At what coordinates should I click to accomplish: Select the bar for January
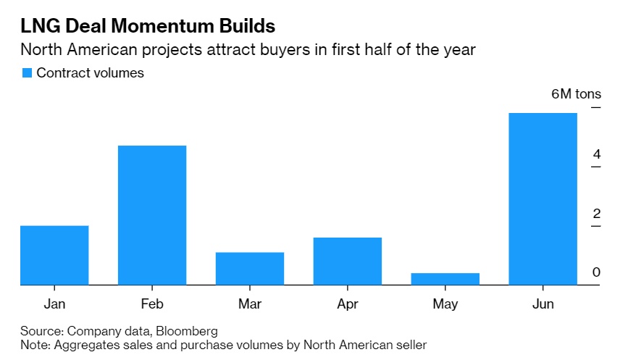[54, 255]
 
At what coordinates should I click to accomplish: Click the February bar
[152, 215]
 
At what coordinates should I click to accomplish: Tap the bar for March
[250, 268]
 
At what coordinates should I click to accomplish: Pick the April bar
[348, 261]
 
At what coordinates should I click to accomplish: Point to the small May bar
[445, 279]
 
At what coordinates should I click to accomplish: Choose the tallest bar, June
[543, 198]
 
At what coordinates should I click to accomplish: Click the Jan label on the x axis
[54, 304]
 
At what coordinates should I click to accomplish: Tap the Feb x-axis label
[152, 304]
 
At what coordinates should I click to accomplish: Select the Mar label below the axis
[250, 304]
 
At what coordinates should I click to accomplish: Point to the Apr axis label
[348, 304]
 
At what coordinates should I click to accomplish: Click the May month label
[445, 304]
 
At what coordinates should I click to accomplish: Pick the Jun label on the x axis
[543, 304]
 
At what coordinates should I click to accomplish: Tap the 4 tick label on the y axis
[596, 154]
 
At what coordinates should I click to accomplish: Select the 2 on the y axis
[596, 213]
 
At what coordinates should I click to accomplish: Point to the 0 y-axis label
[596, 272]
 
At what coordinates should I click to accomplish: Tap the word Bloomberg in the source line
[188, 331]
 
